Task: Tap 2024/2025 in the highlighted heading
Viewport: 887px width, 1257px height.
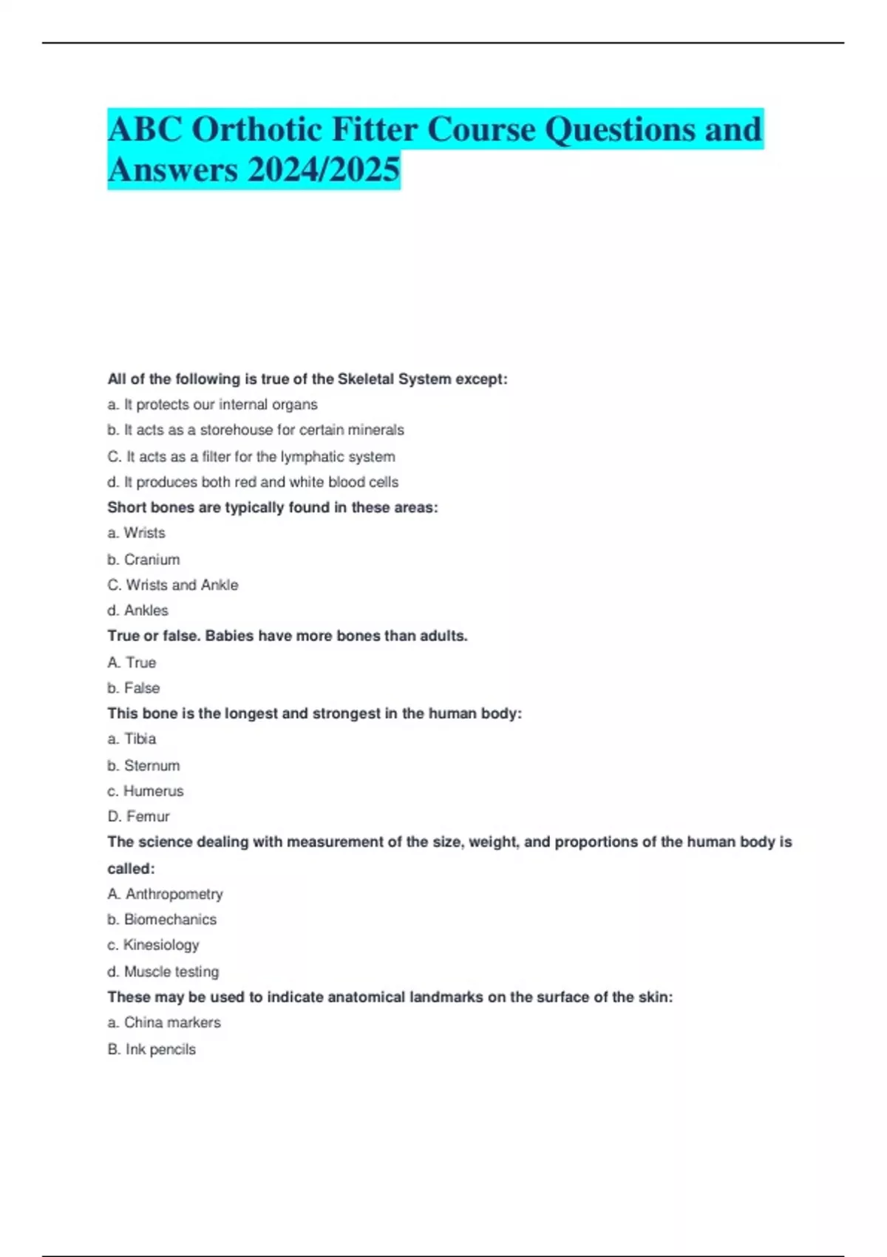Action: pyautogui.click(x=324, y=170)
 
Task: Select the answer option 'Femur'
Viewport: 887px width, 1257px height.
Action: pyautogui.click(x=147, y=816)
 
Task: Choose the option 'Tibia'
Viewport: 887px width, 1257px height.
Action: pyautogui.click(x=140, y=739)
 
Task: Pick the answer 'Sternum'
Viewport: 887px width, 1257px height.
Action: pyautogui.click(x=152, y=765)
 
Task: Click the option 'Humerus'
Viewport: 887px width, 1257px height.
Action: pyautogui.click(x=153, y=790)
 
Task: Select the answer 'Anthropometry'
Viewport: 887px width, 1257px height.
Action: pyautogui.click(x=174, y=894)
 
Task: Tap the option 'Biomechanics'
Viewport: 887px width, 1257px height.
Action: pyautogui.click(x=170, y=919)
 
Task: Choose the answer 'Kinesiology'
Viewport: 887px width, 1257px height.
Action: pyautogui.click(x=161, y=945)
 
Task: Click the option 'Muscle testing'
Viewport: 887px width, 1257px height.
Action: pyautogui.click(x=171, y=972)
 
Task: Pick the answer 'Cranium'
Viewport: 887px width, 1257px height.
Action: pyautogui.click(x=152, y=560)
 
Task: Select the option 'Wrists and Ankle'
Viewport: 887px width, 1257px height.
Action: pyautogui.click(x=182, y=585)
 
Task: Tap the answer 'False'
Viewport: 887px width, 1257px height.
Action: pyautogui.click(x=142, y=688)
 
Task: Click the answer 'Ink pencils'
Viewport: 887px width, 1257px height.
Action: pyautogui.click(x=160, y=1049)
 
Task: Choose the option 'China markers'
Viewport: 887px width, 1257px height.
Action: pyautogui.click(x=172, y=1023)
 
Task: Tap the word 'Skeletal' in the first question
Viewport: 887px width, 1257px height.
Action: pyautogui.click(x=366, y=379)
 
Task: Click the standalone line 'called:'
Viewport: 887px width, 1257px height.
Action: pyautogui.click(x=131, y=868)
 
